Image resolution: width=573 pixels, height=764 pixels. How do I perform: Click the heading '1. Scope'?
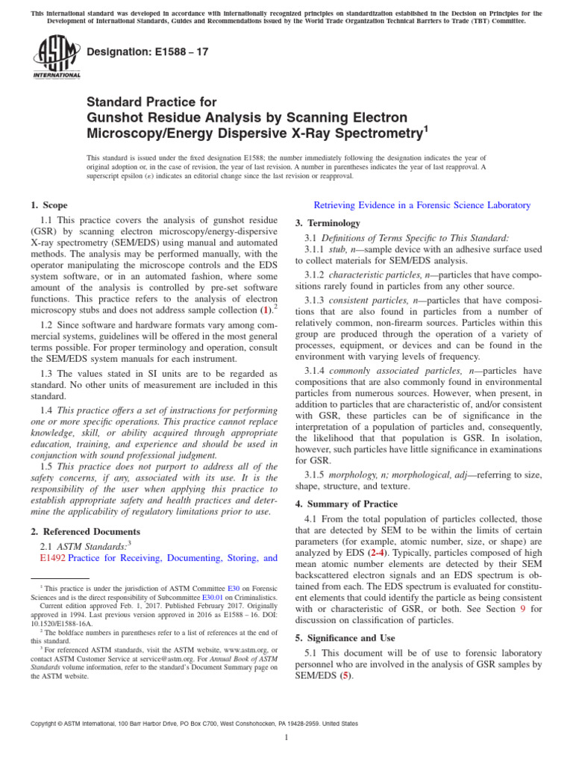pyautogui.click(x=48, y=205)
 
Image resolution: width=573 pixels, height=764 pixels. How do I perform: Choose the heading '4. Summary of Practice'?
pyautogui.click(x=347, y=504)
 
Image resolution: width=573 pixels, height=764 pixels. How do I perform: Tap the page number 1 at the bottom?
pyautogui.click(x=286, y=738)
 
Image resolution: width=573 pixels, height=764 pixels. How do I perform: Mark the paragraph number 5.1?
pyautogui.click(x=311, y=654)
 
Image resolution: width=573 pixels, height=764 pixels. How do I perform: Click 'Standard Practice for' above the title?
pyautogui.click(x=151, y=102)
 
